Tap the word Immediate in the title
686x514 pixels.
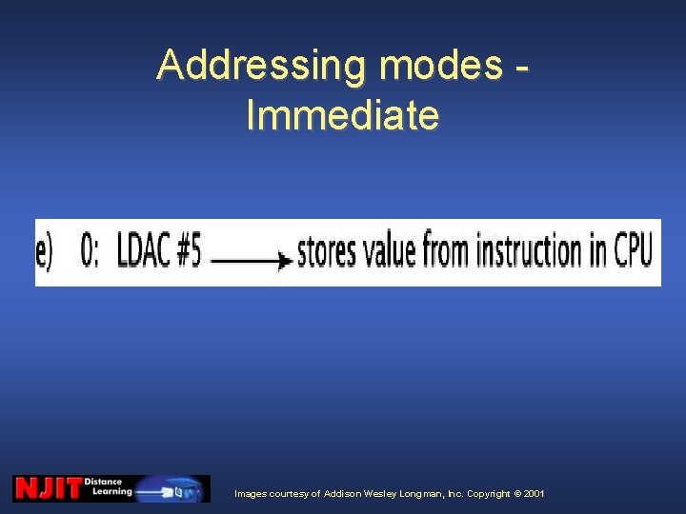(x=342, y=115)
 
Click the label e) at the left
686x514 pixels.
(x=46, y=252)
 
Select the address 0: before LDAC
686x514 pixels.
(x=91, y=252)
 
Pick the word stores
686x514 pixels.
(x=329, y=252)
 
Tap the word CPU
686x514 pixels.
(x=633, y=252)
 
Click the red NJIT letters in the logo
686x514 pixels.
(x=48, y=488)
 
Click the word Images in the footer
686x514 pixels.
(x=252, y=494)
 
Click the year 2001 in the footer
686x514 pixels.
(x=534, y=494)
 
